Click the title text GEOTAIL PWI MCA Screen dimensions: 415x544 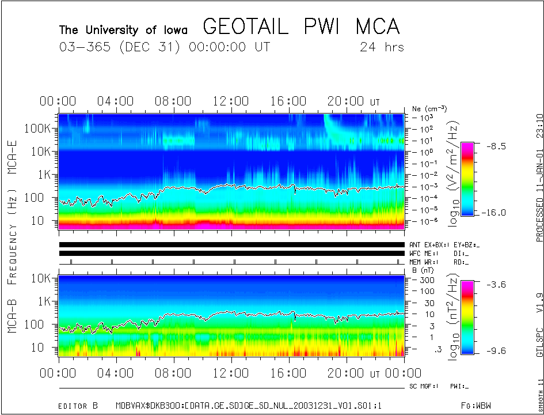[301, 27]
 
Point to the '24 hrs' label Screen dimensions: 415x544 [382, 47]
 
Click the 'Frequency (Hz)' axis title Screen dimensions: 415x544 [12, 236]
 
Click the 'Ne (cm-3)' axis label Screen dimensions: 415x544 [429, 108]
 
